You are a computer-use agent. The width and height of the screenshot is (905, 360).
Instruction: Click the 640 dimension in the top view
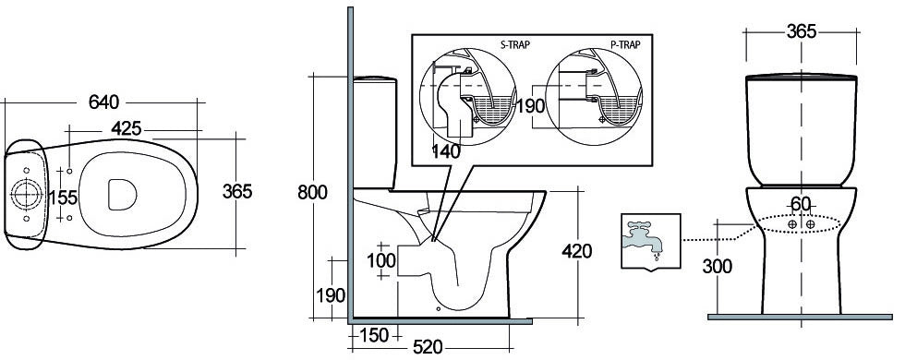coord(103,102)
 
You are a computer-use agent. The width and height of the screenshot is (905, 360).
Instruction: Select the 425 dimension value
coord(127,128)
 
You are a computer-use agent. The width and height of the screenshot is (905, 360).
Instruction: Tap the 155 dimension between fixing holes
coord(63,198)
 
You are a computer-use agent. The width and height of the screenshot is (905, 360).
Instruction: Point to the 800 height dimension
coord(312,192)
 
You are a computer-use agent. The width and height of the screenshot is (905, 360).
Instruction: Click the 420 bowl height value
coord(576,251)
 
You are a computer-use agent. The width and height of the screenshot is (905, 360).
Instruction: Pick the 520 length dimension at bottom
coord(428,347)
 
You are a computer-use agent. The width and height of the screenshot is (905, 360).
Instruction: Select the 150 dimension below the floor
coord(375,334)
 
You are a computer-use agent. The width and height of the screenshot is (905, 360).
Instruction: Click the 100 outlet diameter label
coord(381,260)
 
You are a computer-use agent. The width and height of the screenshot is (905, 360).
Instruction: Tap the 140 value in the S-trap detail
coord(447,151)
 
